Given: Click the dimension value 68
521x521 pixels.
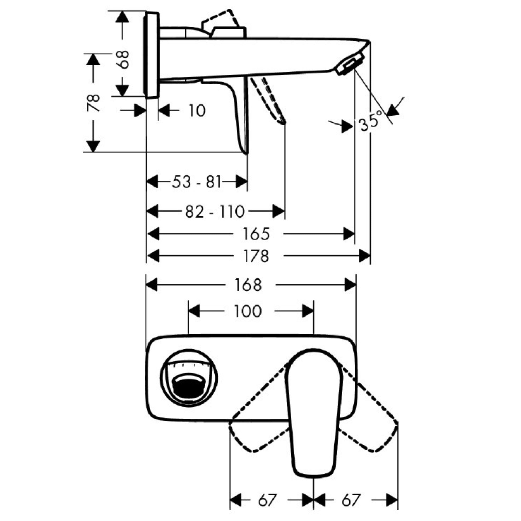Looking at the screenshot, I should pos(124,59).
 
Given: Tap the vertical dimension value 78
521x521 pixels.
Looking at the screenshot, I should pos(94,103).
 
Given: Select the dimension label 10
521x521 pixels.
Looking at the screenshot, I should pos(197,110).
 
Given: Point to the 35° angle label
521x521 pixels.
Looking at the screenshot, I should pos(371,121).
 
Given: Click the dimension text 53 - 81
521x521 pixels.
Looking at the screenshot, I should pos(197,182).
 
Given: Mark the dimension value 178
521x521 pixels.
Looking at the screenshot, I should pos(256,256).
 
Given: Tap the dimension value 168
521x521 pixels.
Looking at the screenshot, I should pos(248,285).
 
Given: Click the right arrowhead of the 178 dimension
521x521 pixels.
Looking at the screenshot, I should pos(365,256).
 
